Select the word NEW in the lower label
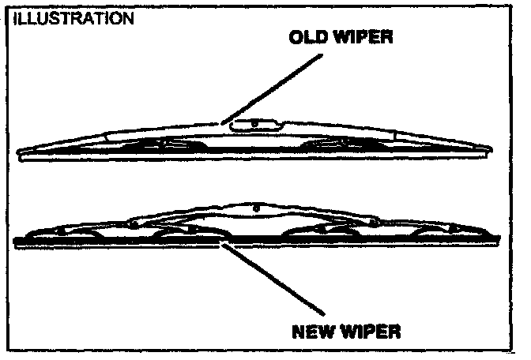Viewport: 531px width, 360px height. point(312,332)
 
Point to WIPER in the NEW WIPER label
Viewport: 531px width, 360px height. point(369,332)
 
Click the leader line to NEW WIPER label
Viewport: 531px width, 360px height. point(273,280)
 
